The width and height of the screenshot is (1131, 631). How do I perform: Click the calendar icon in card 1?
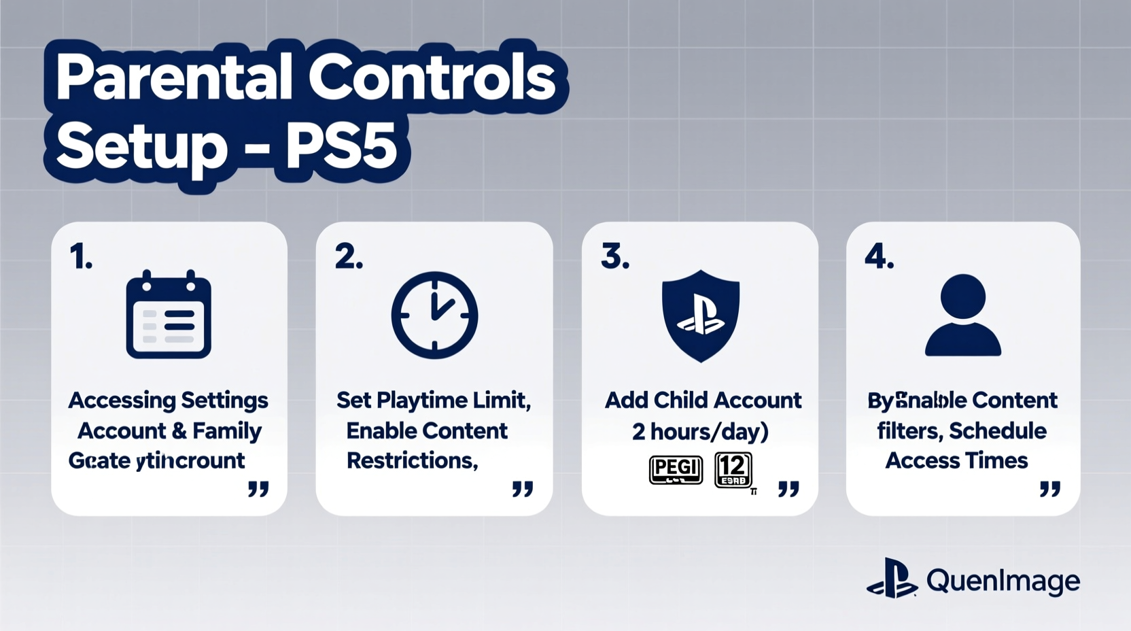(169, 315)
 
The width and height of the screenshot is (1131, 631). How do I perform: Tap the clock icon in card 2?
(434, 315)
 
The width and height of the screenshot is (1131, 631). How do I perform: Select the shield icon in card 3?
(700, 315)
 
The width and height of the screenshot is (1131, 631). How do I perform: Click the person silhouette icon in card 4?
(963, 315)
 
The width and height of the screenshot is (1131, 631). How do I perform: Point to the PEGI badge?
(676, 469)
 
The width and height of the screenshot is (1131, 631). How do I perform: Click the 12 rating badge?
(733, 469)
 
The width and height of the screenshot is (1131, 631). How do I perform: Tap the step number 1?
(81, 257)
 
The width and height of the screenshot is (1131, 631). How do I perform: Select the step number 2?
(349, 257)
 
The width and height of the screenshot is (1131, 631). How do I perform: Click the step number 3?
(614, 257)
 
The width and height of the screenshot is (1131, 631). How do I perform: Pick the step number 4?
(879, 257)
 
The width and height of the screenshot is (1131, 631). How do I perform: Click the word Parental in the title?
(174, 78)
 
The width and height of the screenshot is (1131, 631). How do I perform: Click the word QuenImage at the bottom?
(1003, 581)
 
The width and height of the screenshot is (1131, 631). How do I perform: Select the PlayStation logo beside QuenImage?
(892, 579)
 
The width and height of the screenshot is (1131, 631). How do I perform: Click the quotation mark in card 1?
(258, 488)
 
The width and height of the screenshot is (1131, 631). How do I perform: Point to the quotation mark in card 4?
(1050, 488)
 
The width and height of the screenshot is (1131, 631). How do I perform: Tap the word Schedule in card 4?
(998, 430)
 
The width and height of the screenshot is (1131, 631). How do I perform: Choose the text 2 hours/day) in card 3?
(700, 431)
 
